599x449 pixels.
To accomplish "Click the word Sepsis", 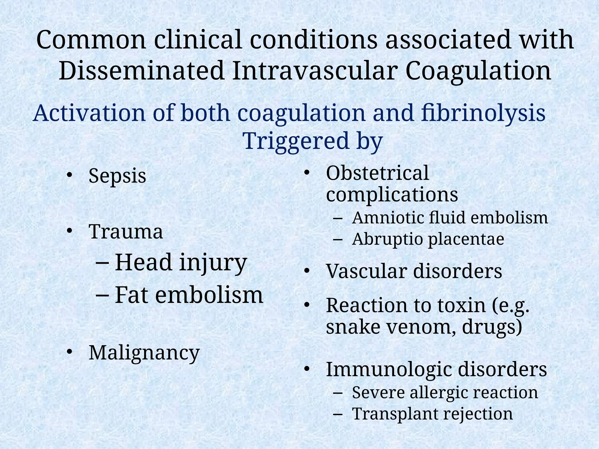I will click(x=117, y=176).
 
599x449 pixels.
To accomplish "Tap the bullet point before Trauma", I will click(x=69, y=231).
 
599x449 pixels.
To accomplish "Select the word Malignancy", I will click(x=144, y=353).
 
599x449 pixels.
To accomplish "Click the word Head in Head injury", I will click(x=143, y=262).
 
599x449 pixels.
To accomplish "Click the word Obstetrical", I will click(x=377, y=173).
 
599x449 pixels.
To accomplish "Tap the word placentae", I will click(x=466, y=239).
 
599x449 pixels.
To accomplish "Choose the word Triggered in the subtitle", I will click(x=296, y=141).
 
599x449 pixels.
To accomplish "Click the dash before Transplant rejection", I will click(x=337, y=414).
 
